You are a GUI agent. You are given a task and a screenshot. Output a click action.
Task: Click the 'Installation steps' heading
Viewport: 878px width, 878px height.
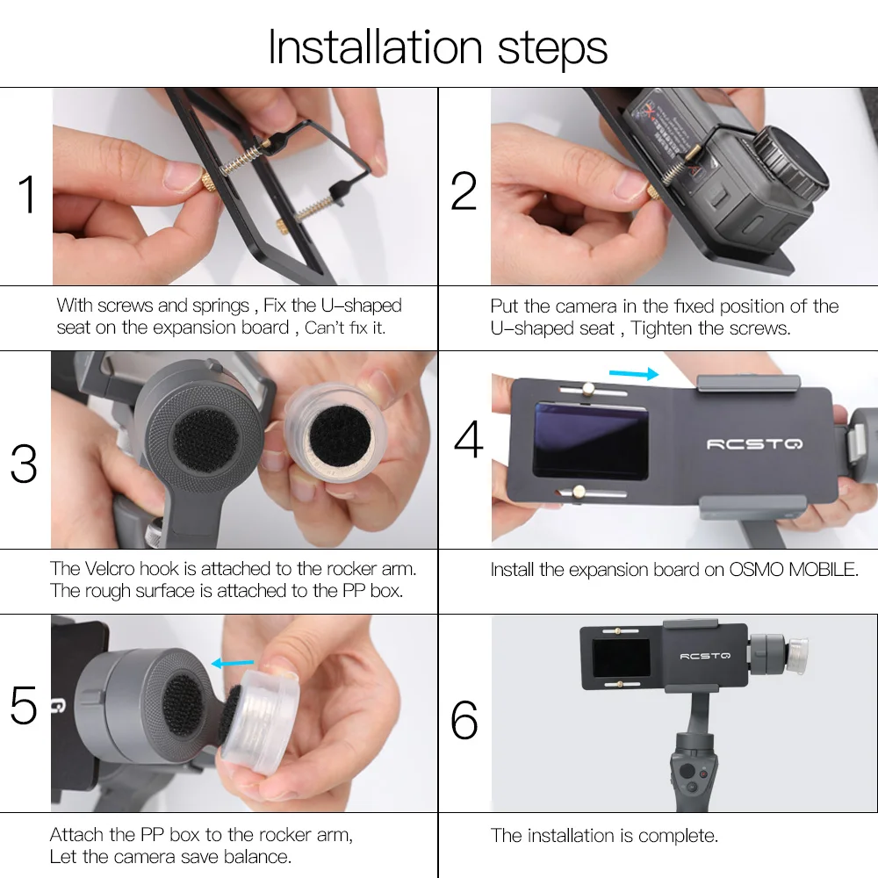[x=438, y=48]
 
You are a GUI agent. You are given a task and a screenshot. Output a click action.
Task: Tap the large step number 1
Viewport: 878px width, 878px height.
[x=27, y=194]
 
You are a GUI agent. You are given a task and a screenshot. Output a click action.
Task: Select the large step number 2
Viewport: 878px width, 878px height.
[x=464, y=191]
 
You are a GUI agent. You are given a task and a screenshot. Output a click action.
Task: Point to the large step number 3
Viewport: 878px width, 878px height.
[x=24, y=464]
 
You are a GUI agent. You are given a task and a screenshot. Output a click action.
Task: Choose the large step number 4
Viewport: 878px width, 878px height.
[x=468, y=439]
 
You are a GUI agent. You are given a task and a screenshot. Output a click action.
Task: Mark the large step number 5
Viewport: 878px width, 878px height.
[x=24, y=705]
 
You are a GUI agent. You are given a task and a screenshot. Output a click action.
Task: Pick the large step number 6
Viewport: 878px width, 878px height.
[x=464, y=720]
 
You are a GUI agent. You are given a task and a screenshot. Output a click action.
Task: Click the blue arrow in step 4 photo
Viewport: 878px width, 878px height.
[x=633, y=373]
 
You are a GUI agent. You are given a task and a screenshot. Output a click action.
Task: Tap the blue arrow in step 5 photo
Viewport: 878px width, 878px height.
[x=232, y=664]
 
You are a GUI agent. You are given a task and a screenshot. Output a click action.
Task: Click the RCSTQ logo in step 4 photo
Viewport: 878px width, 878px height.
[x=754, y=444]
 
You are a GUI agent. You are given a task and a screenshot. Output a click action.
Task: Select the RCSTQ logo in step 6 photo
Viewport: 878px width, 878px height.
[x=705, y=656]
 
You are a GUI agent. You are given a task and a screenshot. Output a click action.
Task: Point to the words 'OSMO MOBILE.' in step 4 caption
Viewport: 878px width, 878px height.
[x=794, y=570]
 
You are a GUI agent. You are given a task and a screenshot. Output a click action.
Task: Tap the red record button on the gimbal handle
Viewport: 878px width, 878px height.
[x=702, y=774]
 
